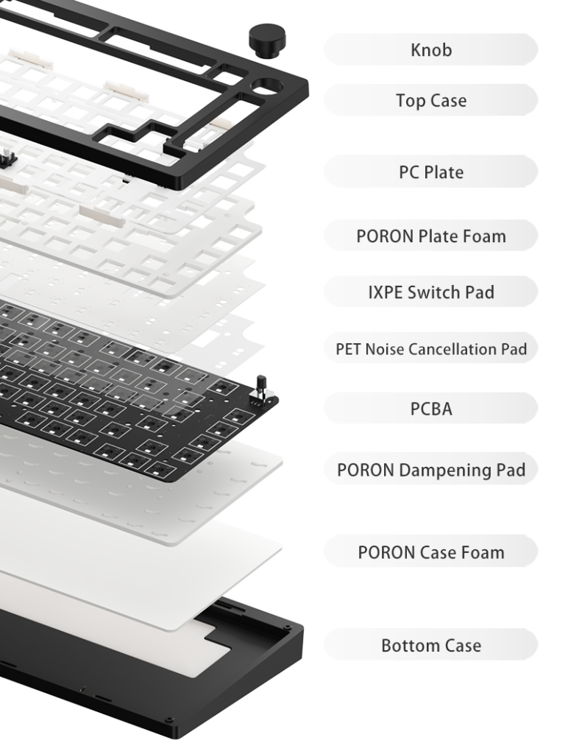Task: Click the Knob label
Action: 430,49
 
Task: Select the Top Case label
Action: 430,100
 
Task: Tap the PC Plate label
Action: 430,172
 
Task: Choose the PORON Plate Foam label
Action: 430,236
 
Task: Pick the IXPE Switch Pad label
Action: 430,292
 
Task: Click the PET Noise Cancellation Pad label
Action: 430,348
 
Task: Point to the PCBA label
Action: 430,408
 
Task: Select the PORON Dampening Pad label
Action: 430,469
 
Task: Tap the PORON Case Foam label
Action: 430,552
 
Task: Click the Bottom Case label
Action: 430,645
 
